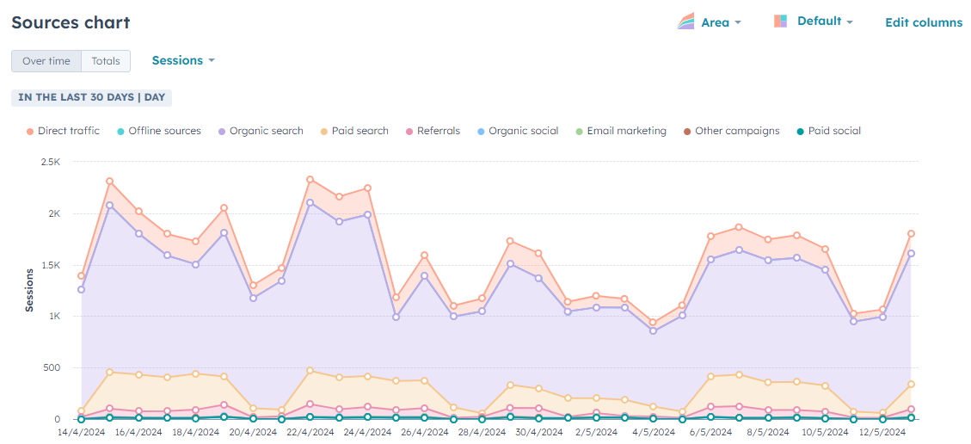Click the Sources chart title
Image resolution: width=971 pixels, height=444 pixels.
71,23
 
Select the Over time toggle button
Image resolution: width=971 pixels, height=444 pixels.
46,61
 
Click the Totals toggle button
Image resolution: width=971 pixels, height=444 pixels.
106,61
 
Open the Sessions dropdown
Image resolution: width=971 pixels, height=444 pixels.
183,61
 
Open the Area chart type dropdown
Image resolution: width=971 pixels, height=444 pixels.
709,22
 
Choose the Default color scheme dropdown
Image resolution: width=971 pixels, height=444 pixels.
813,21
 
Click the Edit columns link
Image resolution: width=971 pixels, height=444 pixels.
924,22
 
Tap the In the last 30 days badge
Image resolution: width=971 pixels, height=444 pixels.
92,98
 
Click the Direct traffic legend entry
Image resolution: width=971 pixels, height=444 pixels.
63,132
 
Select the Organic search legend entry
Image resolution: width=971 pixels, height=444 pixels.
261,132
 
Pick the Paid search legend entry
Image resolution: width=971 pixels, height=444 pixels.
354,132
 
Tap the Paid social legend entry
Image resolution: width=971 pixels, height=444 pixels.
828,132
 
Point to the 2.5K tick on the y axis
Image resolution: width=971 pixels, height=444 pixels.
50,162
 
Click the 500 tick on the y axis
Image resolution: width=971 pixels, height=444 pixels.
52,367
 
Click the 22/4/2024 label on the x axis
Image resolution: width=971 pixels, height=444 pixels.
310,432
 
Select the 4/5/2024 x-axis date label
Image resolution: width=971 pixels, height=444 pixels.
653,432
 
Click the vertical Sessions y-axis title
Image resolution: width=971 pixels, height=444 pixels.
29,291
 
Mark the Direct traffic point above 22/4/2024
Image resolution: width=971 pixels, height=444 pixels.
310,180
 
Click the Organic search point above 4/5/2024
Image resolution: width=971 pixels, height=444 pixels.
653,331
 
